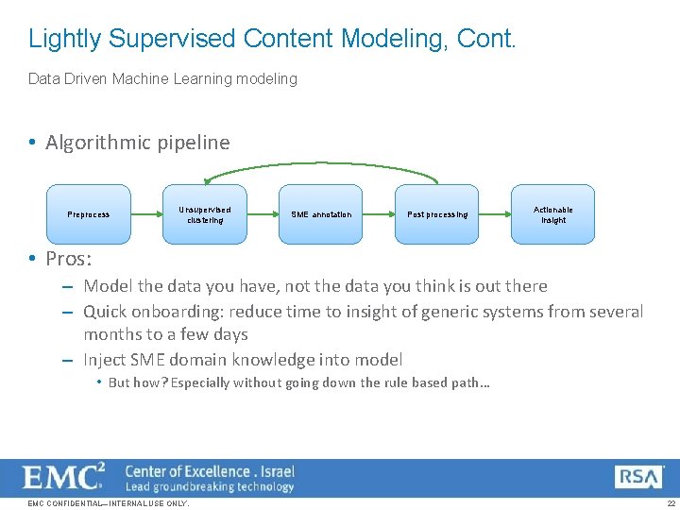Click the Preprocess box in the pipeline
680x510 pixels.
(x=89, y=214)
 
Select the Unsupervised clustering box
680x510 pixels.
(x=205, y=214)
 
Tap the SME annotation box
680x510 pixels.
(x=321, y=214)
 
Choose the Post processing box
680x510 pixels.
(x=437, y=214)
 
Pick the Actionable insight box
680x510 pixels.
(x=553, y=214)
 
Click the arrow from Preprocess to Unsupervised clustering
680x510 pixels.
(x=146, y=214)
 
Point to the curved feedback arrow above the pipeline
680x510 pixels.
(x=321, y=169)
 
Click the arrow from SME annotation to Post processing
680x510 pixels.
(x=379, y=214)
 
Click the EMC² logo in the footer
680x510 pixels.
(x=64, y=477)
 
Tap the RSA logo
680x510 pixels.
(x=638, y=477)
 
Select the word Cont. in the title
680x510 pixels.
(x=486, y=39)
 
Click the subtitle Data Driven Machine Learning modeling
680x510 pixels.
(x=162, y=79)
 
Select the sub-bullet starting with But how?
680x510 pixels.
(x=298, y=382)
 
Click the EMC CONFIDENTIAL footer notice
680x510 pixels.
(x=109, y=503)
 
